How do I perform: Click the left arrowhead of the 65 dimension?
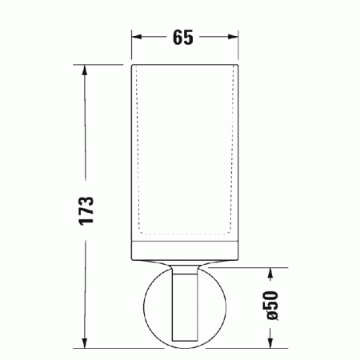[136, 37]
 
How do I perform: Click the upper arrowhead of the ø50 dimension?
[271, 273]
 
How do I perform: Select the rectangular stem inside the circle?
[186, 308]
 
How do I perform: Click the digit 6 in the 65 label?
[178, 37]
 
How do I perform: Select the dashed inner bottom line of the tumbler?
[186, 237]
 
